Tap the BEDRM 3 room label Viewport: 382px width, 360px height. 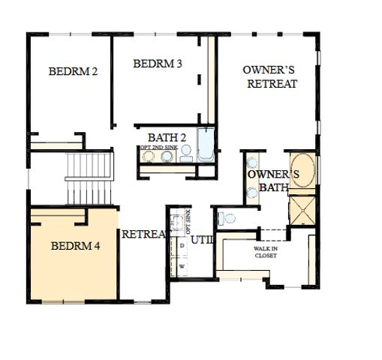point(158,64)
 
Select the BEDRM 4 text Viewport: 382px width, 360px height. point(75,245)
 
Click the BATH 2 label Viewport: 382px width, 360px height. point(167,137)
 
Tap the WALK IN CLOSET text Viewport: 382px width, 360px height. point(264,251)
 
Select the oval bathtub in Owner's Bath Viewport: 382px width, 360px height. point(304,171)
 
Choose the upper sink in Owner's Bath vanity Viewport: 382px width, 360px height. point(253,163)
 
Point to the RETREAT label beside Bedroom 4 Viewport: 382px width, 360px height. point(143,234)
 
